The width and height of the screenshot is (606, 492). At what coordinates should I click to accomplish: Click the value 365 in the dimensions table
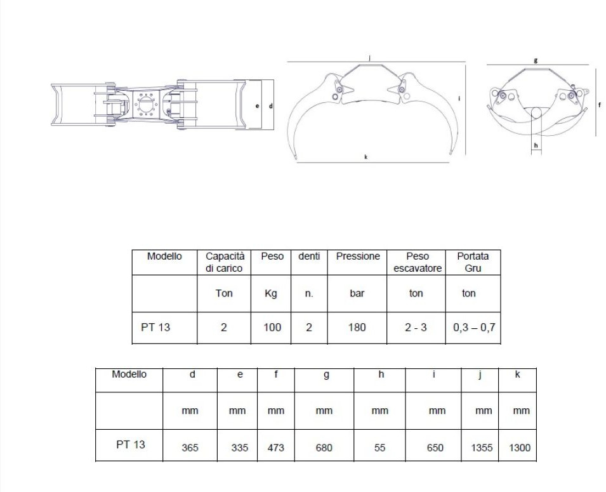click(190, 448)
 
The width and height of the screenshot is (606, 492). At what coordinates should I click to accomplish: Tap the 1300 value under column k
click(520, 448)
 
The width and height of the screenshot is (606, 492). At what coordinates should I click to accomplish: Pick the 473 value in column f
click(275, 448)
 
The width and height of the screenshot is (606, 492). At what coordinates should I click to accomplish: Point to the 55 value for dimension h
click(379, 448)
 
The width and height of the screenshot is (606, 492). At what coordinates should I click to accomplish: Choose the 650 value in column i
click(435, 448)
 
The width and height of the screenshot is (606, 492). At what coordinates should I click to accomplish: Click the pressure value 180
click(357, 328)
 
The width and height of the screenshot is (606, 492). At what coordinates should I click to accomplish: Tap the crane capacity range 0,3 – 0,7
click(473, 328)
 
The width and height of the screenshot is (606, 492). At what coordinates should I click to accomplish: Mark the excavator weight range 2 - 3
click(416, 328)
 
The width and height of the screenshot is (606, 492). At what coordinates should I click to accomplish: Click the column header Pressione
click(358, 256)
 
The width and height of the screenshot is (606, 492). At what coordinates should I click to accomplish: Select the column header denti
click(309, 256)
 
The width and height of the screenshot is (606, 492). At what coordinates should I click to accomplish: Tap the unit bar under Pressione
click(357, 294)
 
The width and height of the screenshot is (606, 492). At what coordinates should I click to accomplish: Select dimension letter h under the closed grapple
click(536, 145)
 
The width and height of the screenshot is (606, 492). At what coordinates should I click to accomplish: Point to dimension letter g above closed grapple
click(536, 60)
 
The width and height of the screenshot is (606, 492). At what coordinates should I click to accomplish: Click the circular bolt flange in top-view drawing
click(147, 105)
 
